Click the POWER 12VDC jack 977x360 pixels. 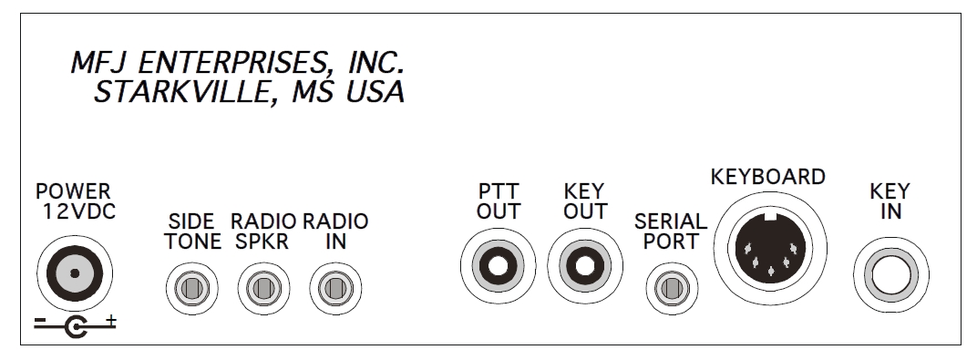pyautogui.click(x=75, y=273)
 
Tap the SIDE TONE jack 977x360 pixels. pyautogui.click(x=192, y=288)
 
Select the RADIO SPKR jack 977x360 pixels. pyautogui.click(x=263, y=288)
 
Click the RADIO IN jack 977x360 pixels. pyautogui.click(x=335, y=288)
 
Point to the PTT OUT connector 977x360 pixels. pyautogui.click(x=498, y=266)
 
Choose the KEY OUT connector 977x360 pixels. pyautogui.click(x=585, y=266)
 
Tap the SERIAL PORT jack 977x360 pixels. pyautogui.click(x=672, y=288)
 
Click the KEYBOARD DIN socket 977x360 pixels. pyautogui.click(x=771, y=248)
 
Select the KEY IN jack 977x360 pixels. pyautogui.click(x=891, y=274)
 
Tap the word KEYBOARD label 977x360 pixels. pyautogui.click(x=767, y=177)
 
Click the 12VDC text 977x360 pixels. pyautogui.click(x=79, y=211)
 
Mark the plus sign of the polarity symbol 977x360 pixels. pyautogui.click(x=111, y=321)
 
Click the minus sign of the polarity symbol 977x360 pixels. pyautogui.click(x=40, y=321)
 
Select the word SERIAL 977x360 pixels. pyautogui.click(x=671, y=221)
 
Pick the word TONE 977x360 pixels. pyautogui.click(x=193, y=241)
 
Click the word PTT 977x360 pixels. pyautogui.click(x=499, y=190)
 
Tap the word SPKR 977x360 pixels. pyautogui.click(x=262, y=241)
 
